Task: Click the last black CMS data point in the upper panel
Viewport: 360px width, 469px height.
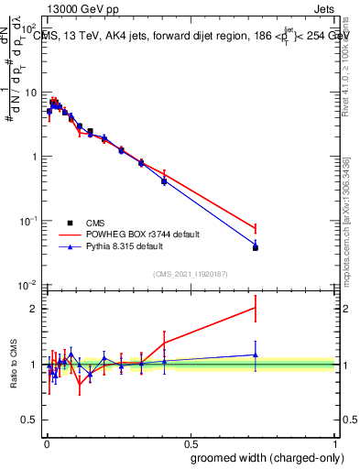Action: pos(256,248)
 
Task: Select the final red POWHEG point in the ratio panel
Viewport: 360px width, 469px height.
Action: pos(256,308)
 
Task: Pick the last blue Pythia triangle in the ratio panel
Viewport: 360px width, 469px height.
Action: pos(256,354)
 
